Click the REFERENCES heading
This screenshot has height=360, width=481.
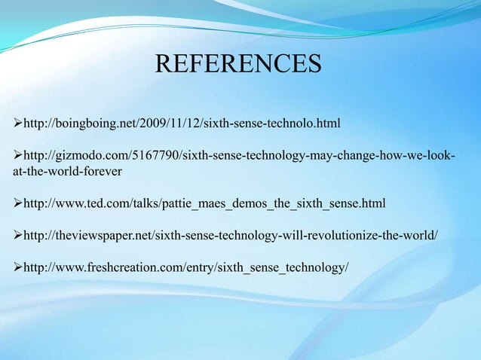pos(238,64)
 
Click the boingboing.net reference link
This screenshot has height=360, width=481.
pos(182,122)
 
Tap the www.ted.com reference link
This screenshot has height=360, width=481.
pos(204,203)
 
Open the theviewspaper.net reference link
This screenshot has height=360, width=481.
pos(230,236)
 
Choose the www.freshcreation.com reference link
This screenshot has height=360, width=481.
pos(185,269)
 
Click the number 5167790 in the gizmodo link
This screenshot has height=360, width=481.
pos(155,155)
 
